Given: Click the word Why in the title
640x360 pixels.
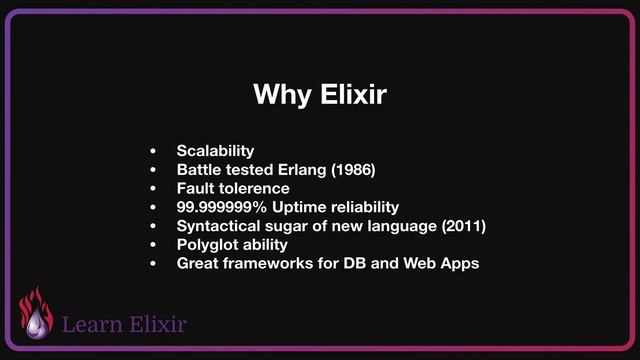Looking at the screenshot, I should tap(281, 96).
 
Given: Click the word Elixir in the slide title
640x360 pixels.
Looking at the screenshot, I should tap(349, 96).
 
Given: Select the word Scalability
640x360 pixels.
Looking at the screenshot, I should tap(215, 151).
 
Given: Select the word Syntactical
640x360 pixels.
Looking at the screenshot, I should tap(219, 226).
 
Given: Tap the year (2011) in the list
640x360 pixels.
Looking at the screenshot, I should tap(462, 226).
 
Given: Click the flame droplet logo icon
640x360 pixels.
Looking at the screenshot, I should tap(37, 315).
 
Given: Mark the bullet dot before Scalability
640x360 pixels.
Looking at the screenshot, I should tap(153, 152).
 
